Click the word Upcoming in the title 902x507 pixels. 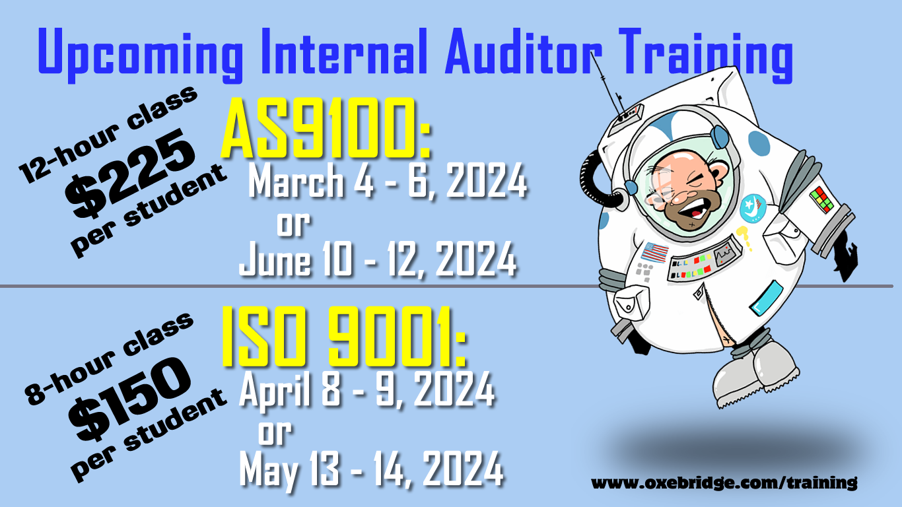(140, 55)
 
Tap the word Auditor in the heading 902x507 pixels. (524, 51)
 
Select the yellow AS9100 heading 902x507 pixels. (326, 128)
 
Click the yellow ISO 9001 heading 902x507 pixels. (343, 337)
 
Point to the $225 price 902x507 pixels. (129, 174)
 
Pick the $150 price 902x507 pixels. (129, 399)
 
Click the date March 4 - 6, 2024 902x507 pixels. (388, 182)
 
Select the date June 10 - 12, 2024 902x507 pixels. (378, 259)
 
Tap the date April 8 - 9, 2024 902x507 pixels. (367, 389)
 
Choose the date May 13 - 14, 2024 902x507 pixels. (371, 469)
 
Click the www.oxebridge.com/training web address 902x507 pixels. (724, 483)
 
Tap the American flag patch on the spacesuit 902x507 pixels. (654, 252)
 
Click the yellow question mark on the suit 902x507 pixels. (744, 238)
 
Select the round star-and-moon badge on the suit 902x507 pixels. (751, 208)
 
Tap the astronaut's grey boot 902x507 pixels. (757, 374)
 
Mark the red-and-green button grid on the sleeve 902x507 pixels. (821, 199)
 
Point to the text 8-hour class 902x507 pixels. (109, 358)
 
